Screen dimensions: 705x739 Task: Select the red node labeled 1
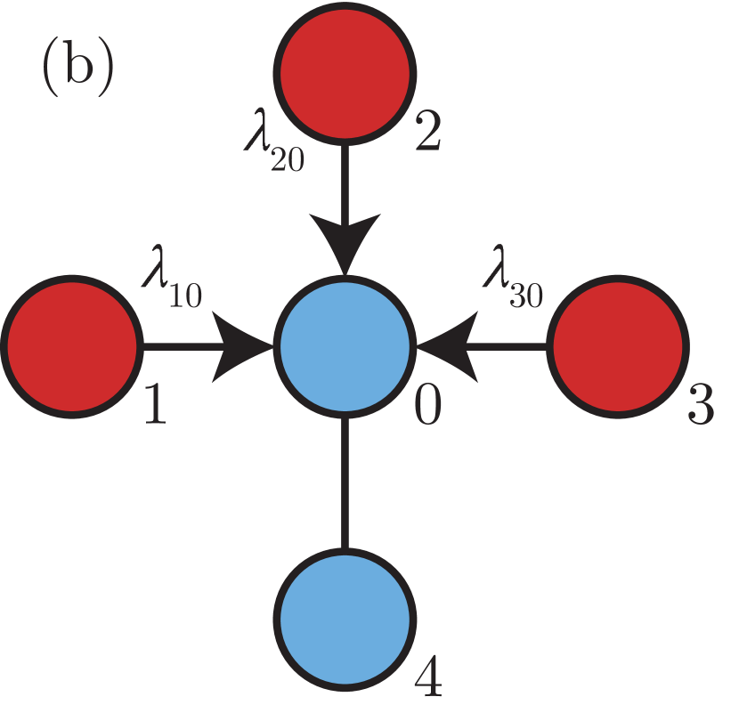pos(72,345)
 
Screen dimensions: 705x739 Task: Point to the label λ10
pos(172,283)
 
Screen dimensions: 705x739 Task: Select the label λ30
pos(513,283)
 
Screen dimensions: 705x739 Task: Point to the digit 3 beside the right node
pos(701,406)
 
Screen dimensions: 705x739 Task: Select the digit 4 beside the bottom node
pos(428,681)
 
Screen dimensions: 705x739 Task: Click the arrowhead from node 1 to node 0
pos(245,345)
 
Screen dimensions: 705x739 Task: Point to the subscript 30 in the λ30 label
pos(527,296)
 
